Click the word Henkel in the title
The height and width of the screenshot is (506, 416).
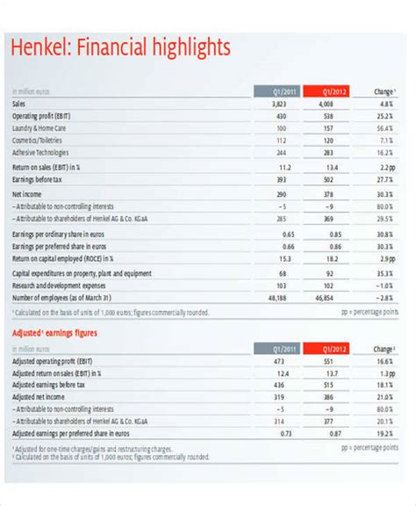[x=39, y=47]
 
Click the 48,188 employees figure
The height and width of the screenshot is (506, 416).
[x=277, y=298]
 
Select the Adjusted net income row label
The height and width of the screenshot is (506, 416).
[x=42, y=396]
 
